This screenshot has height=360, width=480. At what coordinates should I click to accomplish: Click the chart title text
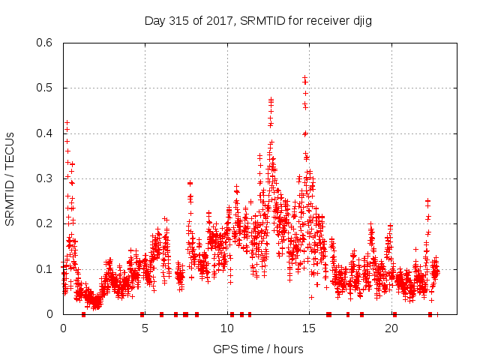click(258, 20)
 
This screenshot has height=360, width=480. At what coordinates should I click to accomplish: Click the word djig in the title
click(361, 20)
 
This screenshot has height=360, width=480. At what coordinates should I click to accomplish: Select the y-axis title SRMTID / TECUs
click(10, 179)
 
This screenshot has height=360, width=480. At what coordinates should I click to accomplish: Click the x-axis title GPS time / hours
click(258, 349)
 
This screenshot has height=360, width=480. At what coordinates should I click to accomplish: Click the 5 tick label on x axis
click(145, 328)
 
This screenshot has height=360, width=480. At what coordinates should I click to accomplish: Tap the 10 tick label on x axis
click(227, 328)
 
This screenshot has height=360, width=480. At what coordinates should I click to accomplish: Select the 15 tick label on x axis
click(309, 328)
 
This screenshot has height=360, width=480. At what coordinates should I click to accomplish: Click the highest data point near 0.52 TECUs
click(304, 77)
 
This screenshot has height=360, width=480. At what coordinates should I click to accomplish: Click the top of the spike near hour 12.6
click(271, 99)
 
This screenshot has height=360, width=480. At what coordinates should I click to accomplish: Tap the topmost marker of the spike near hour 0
click(67, 122)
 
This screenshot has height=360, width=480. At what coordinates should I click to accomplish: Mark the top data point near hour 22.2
click(427, 200)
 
